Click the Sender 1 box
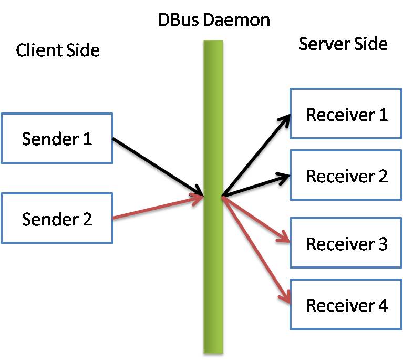click(x=57, y=138)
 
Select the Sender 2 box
click(x=57, y=218)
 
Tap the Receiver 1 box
click(x=346, y=114)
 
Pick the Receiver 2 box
click(x=346, y=176)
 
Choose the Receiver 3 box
click(x=346, y=243)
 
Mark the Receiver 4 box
click(x=346, y=305)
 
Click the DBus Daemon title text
click(x=214, y=20)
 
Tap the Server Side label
click(x=343, y=44)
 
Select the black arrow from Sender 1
click(x=158, y=166)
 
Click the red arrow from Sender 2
click(x=158, y=208)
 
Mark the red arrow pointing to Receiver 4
click(x=256, y=250)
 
